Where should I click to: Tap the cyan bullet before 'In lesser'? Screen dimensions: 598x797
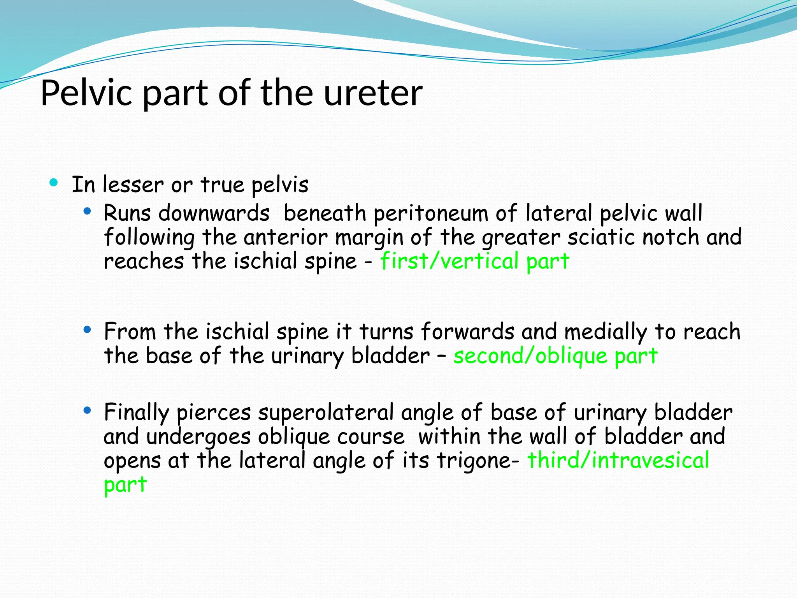click(x=54, y=182)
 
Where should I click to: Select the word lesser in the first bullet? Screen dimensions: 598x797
click(x=133, y=185)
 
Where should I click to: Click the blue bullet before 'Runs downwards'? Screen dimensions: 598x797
click(x=87, y=212)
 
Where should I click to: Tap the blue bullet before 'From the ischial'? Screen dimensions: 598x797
click(x=87, y=330)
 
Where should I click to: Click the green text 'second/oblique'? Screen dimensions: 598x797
click(x=530, y=356)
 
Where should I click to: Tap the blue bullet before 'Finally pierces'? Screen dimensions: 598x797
click(x=87, y=410)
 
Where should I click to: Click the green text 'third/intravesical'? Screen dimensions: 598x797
click(x=618, y=461)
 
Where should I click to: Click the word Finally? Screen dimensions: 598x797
click(x=136, y=413)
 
